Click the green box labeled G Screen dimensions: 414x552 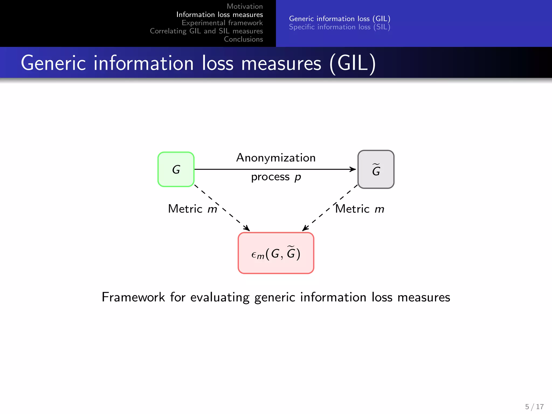176,170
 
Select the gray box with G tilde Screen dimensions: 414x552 376,170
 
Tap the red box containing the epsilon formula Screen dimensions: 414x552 276,253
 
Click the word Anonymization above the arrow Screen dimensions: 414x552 276,158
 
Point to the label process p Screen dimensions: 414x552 276,177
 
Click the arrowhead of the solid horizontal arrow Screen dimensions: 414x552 353,169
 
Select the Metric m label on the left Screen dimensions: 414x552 192,209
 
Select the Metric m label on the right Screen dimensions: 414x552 360,209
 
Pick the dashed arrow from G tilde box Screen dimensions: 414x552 321,216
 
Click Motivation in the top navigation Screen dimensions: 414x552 244,6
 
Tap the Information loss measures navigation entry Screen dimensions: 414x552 219,15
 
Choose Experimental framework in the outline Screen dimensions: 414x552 222,23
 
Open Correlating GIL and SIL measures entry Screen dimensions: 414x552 206,31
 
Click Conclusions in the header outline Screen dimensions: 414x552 243,39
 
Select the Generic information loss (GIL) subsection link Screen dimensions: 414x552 340,19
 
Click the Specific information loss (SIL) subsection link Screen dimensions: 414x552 340,27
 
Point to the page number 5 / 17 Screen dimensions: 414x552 534,406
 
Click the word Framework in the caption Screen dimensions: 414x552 133,297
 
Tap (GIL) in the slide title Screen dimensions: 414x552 353,63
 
